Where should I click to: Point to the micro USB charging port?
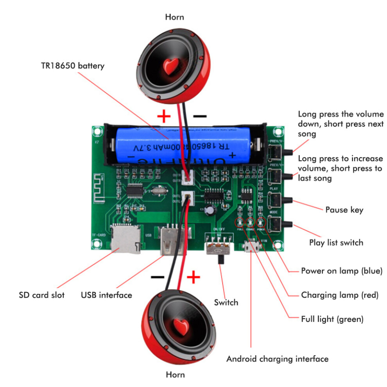251,247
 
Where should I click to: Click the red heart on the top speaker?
171,65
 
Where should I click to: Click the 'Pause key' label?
344,210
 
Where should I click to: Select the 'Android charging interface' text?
277,358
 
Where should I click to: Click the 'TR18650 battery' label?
73,65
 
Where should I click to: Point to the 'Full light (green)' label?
332,319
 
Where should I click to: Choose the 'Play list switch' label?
336,242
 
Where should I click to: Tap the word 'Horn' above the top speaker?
174,17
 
